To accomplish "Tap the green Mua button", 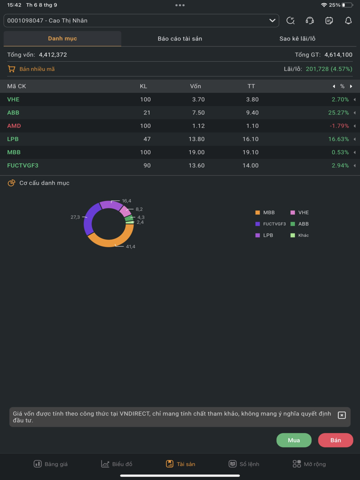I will click(294, 440).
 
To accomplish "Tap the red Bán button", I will click(335, 440).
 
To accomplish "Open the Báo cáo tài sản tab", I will click(180, 38).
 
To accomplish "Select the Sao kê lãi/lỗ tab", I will click(297, 38).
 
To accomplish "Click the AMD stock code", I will click(14, 126).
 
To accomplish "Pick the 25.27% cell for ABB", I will click(338, 112).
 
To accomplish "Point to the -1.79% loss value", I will click(339, 126).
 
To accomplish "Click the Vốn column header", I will click(195, 86).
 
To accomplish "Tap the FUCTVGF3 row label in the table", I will click(23, 165).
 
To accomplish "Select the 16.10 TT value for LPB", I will click(250, 139).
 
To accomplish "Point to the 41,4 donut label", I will click(130, 246).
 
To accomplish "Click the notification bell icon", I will click(348, 20).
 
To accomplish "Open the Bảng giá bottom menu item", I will click(50, 464).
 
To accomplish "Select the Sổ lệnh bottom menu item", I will click(244, 464).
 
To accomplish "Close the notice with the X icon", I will click(342, 415).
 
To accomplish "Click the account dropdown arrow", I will click(272, 20).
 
